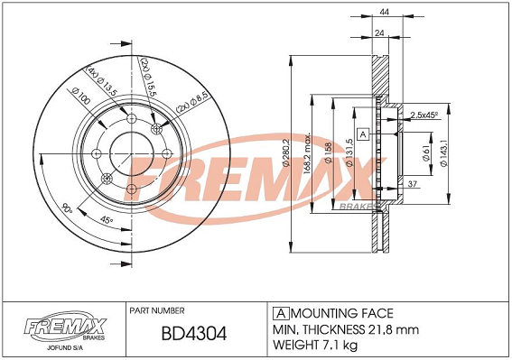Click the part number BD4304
(194, 334)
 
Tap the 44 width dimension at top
(385, 12)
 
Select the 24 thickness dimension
(379, 33)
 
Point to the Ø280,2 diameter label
(286, 153)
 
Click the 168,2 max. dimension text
(307, 153)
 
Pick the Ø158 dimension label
(329, 152)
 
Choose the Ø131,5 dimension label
(349, 152)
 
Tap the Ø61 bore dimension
(425, 153)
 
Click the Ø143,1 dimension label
(443, 153)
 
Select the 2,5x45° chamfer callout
(424, 115)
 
